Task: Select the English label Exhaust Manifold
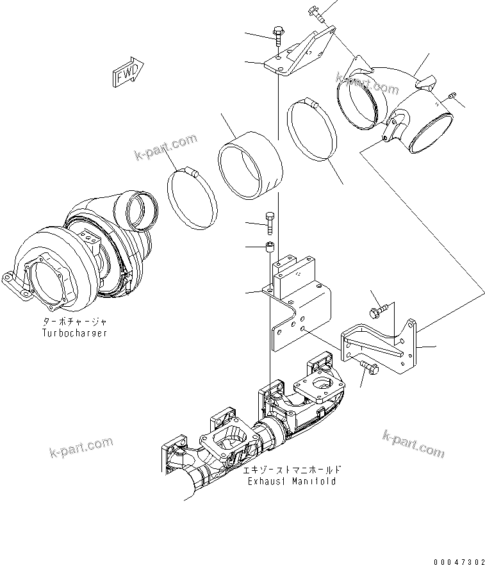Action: point(292,481)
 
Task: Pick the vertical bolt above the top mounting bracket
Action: point(277,34)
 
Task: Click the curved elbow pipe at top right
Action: point(397,102)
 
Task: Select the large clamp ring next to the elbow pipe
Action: point(312,131)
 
